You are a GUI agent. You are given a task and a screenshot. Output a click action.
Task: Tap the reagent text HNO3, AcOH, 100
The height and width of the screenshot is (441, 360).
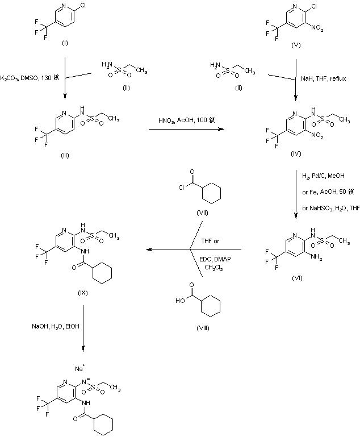(x=181, y=120)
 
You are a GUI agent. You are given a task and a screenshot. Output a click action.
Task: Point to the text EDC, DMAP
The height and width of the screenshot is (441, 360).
(x=211, y=257)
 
